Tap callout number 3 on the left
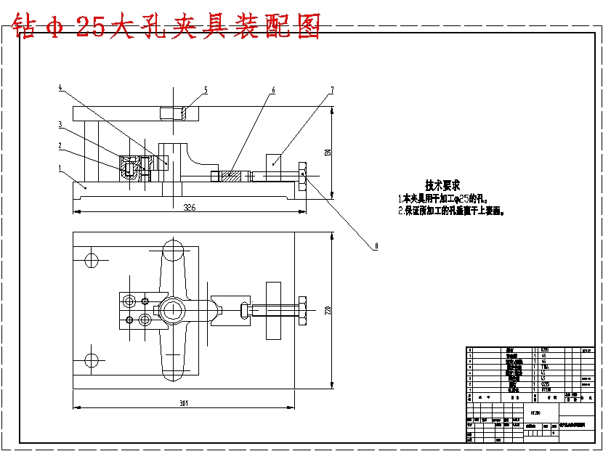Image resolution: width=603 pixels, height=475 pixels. [x=60, y=125]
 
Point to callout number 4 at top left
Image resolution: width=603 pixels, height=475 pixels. [x=60, y=89]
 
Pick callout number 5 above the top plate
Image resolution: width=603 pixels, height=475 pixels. [x=206, y=90]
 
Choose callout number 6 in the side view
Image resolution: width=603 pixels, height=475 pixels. [x=273, y=91]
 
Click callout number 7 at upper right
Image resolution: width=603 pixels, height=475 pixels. [x=331, y=90]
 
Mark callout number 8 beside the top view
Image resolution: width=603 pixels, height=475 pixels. [x=376, y=246]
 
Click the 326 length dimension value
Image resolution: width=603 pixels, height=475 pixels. [x=189, y=207]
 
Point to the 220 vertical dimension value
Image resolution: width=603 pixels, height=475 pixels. [x=328, y=311]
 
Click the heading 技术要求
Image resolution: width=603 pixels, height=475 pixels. [x=442, y=186]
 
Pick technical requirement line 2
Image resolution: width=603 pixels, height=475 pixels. [x=450, y=211]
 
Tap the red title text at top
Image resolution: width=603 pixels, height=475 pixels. [x=167, y=27]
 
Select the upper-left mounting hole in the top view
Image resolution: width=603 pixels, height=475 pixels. [x=92, y=260]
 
